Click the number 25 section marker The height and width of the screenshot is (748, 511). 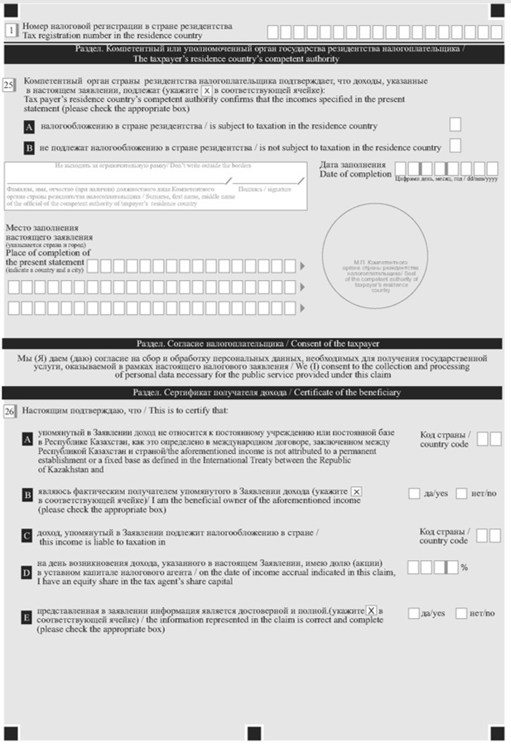(x=9, y=84)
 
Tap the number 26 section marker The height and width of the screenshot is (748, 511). (x=9, y=411)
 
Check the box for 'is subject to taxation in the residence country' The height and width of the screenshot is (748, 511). (x=455, y=124)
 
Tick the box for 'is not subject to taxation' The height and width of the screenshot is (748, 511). (x=455, y=147)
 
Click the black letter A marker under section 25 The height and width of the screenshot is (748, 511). (x=29, y=128)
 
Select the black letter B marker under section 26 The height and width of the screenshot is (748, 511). (x=27, y=495)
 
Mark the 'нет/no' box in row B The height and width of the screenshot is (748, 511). (x=461, y=494)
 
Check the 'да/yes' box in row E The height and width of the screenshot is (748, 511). (x=413, y=613)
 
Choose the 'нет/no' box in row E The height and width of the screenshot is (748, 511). (x=461, y=613)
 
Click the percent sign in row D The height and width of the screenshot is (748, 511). (x=465, y=568)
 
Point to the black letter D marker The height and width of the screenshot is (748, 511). (x=27, y=572)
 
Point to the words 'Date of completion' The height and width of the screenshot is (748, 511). (x=355, y=174)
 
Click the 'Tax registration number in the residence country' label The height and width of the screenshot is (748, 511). (x=112, y=36)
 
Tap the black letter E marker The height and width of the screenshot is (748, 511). (x=27, y=618)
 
